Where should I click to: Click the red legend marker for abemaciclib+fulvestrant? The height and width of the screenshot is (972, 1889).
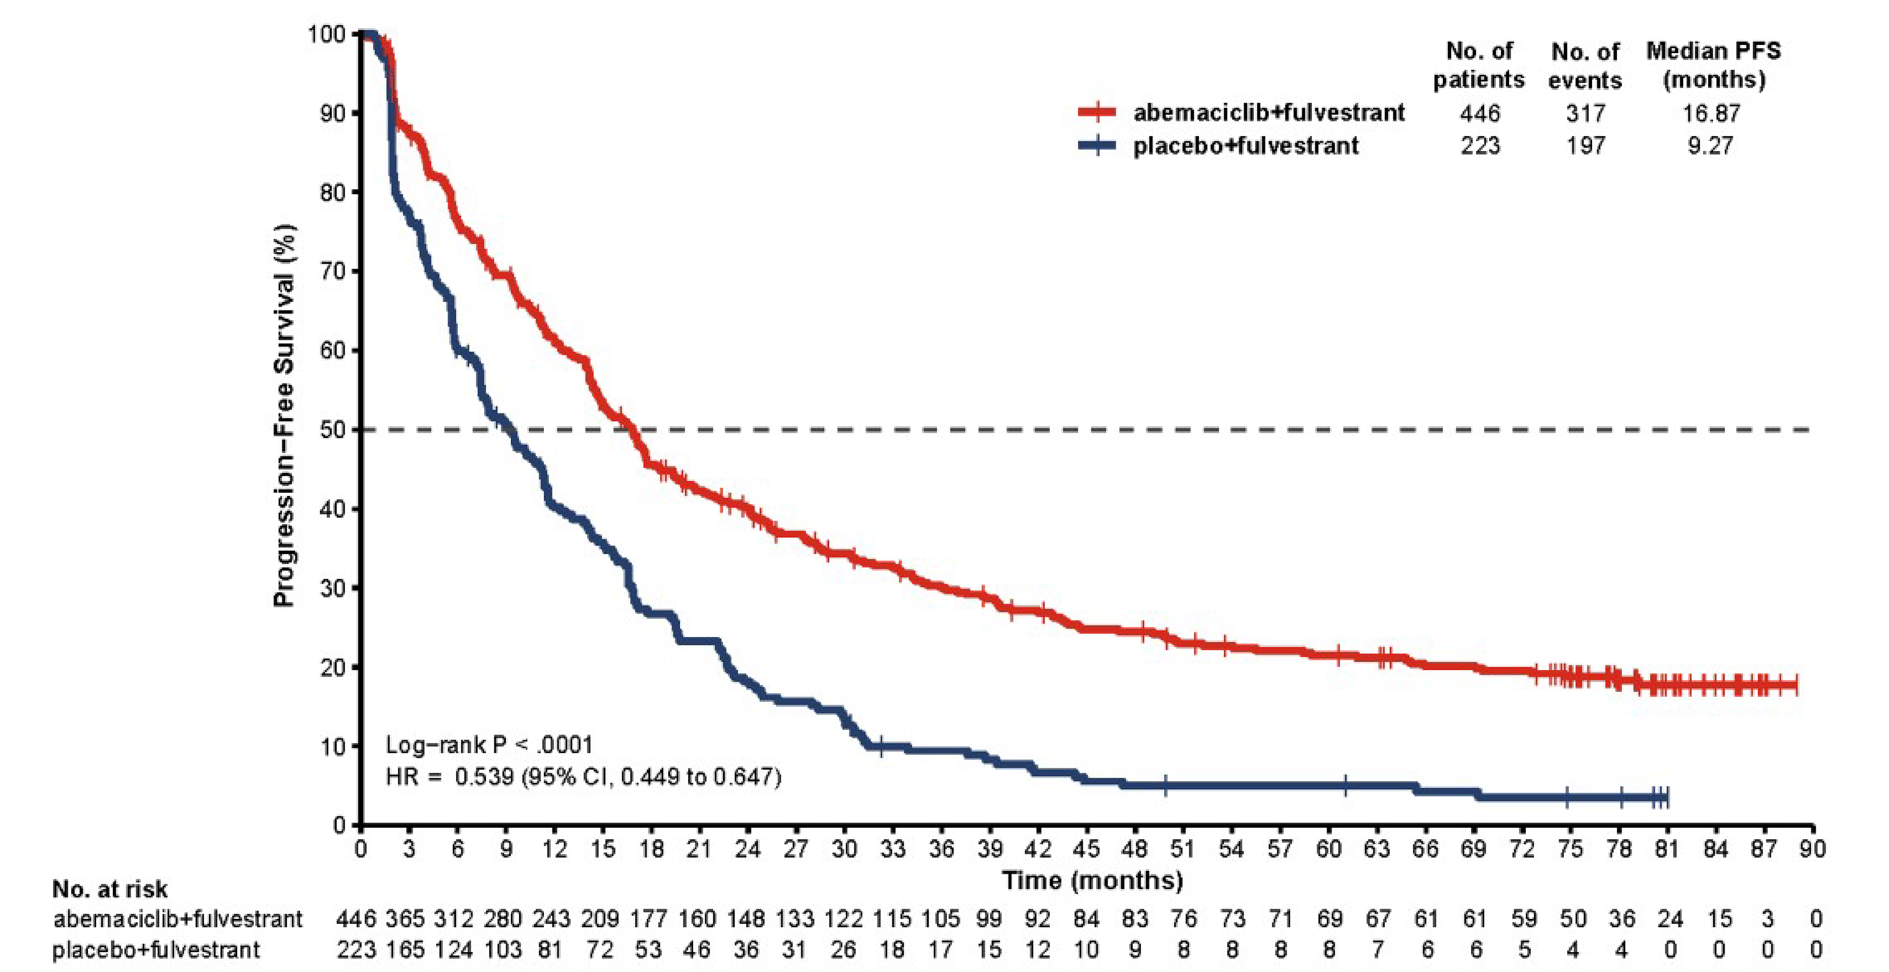1097,112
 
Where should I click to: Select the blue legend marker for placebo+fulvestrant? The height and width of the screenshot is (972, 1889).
1097,145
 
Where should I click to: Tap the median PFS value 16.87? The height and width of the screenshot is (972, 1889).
1711,113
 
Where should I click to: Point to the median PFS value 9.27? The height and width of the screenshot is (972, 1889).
1711,145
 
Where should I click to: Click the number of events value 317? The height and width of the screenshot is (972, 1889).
1586,113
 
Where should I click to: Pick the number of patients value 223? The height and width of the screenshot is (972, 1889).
1480,145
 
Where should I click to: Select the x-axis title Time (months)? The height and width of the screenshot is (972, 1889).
1092,880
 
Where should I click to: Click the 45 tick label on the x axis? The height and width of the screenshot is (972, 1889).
1086,849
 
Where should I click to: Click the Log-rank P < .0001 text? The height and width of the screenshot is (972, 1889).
489,745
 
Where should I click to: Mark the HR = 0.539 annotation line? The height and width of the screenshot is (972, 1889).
583,776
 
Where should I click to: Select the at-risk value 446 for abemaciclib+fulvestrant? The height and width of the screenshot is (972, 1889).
356,918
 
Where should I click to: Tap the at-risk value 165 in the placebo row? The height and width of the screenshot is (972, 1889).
405,950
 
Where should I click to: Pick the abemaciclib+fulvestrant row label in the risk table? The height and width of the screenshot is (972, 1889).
177,918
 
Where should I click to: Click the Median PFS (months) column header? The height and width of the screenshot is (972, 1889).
1713,65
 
